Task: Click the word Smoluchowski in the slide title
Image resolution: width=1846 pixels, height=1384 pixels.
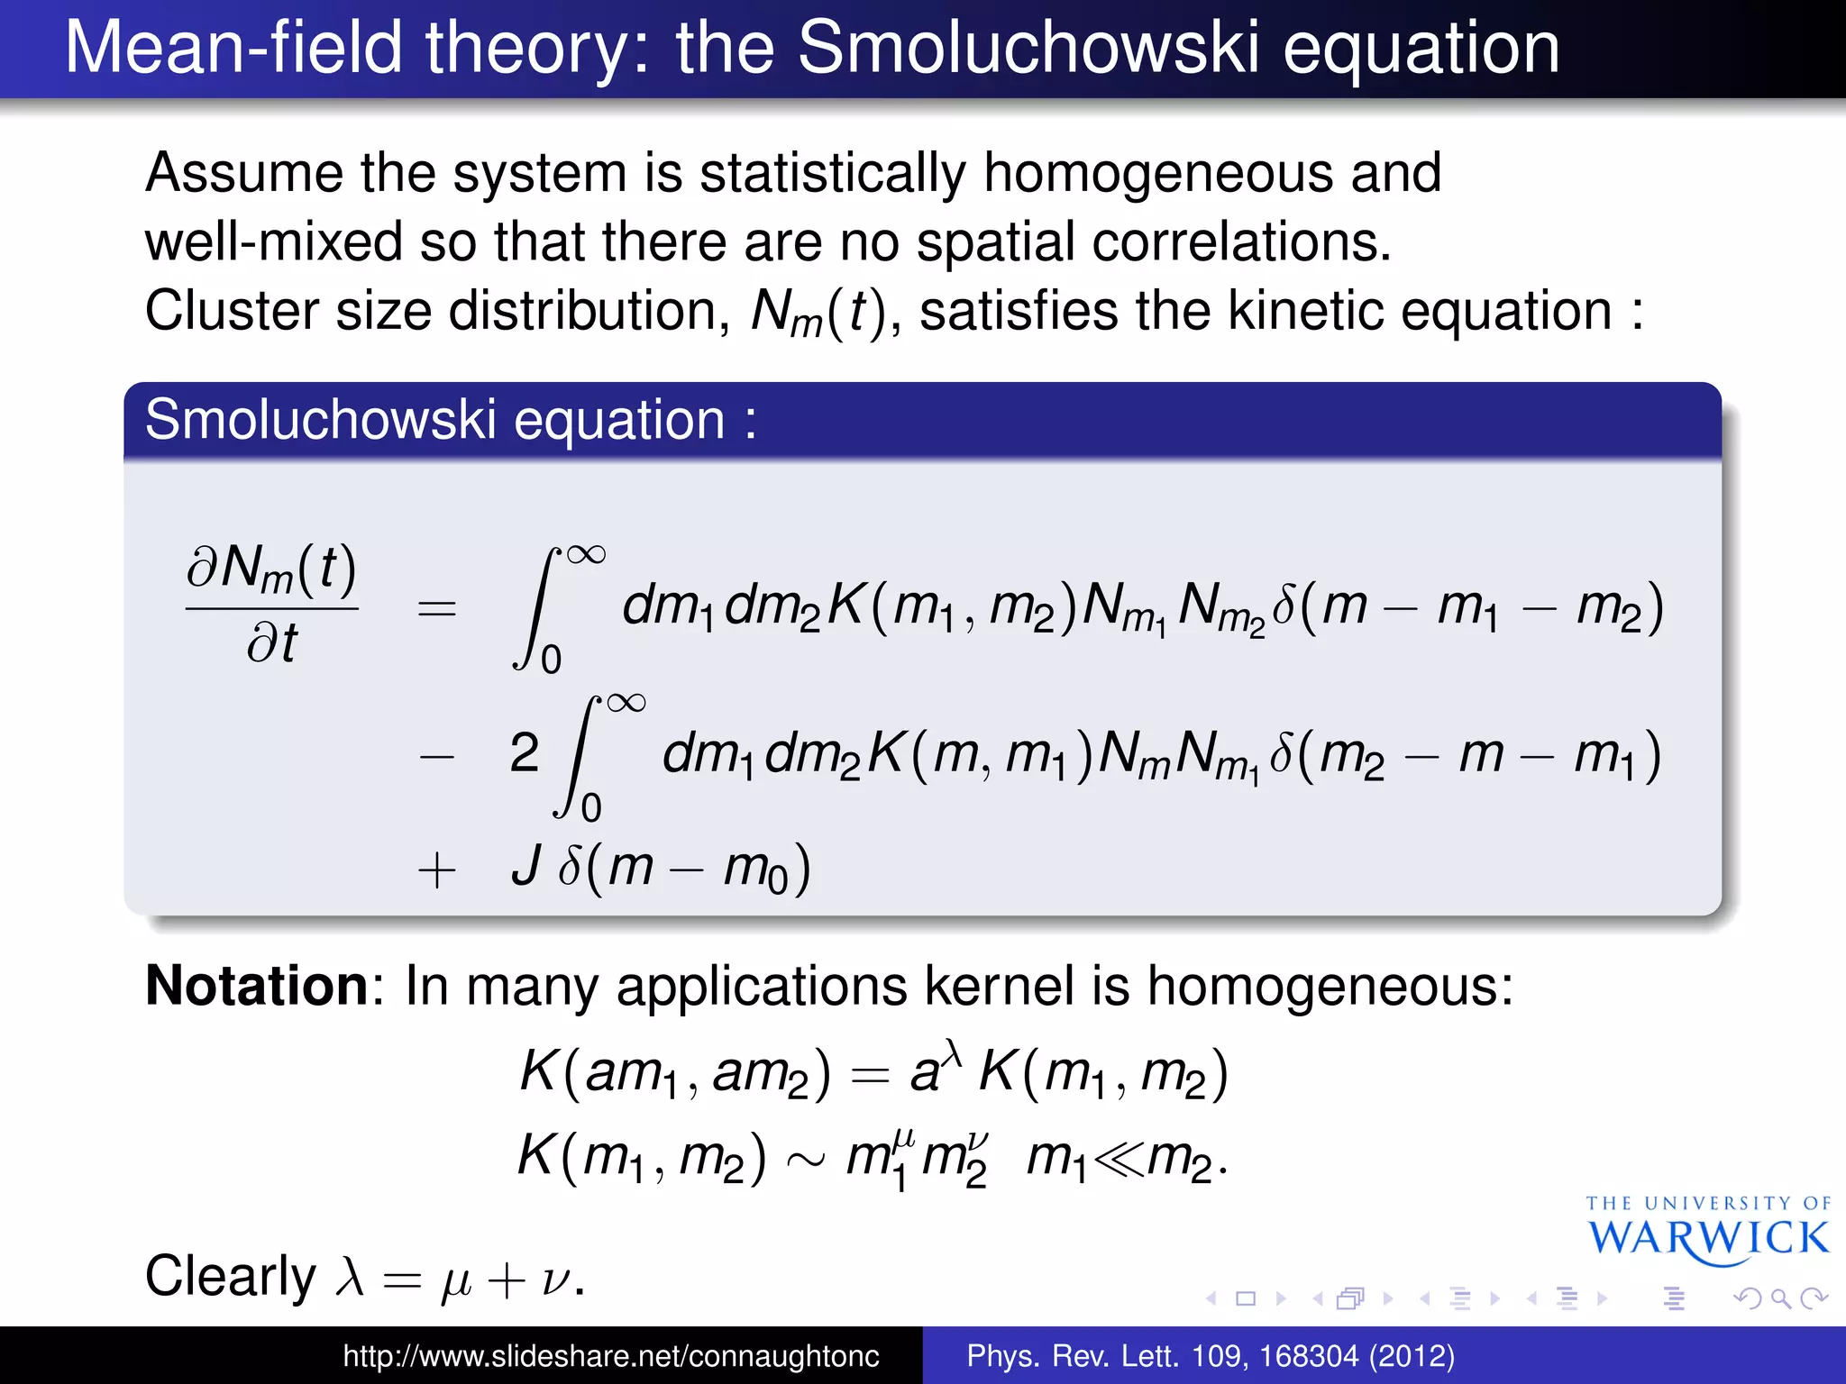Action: (1028, 49)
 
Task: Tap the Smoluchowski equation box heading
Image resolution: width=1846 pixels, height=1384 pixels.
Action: (451, 420)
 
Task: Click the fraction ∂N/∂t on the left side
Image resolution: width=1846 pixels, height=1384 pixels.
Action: (271, 605)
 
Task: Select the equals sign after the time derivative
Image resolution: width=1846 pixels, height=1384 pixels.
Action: (437, 609)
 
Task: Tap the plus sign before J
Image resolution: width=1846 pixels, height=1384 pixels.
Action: (437, 871)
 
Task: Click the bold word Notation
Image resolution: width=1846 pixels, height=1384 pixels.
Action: (257, 986)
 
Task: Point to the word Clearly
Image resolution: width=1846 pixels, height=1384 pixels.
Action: (231, 1277)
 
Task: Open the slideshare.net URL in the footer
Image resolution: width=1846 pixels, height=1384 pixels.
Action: (610, 1356)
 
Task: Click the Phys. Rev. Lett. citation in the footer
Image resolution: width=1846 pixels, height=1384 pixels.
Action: (1210, 1356)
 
